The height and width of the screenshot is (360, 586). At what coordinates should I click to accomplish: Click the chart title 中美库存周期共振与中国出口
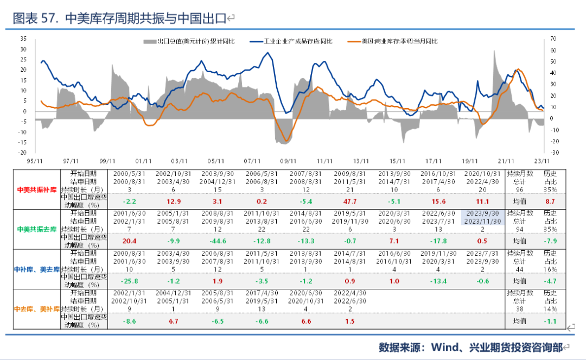145,18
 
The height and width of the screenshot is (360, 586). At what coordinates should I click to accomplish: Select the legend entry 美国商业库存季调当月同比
399,41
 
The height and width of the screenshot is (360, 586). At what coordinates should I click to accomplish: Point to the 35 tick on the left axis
23,39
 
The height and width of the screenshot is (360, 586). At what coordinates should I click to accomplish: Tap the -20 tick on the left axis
22,143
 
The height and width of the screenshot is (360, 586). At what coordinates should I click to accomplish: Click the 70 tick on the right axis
553,39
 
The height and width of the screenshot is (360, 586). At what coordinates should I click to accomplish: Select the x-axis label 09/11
288,161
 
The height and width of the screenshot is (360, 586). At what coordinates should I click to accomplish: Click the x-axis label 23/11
542,161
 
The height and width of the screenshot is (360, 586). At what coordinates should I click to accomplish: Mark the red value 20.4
129,241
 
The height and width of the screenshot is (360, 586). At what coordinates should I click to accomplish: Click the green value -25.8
129,281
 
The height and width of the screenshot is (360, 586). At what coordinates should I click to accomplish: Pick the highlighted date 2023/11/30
482,221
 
